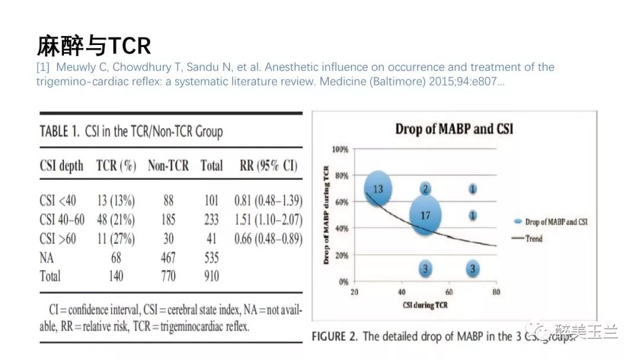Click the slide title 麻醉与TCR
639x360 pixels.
(x=93, y=45)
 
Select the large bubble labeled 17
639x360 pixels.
(x=425, y=216)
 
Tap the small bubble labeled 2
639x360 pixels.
(x=425, y=189)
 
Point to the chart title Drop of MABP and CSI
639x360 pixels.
(x=454, y=129)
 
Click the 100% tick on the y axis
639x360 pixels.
(x=340, y=149)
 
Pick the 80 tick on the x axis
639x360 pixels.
(x=496, y=292)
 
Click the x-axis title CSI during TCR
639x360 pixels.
(x=424, y=305)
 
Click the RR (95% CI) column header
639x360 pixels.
(x=269, y=166)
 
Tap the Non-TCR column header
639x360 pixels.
(x=168, y=166)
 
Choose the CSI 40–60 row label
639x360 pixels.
(x=62, y=220)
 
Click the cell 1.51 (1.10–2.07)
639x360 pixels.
(x=269, y=220)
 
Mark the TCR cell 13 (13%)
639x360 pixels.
(x=115, y=201)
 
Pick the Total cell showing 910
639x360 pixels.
(x=211, y=276)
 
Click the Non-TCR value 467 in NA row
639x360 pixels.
(x=169, y=258)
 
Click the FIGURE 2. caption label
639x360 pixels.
(x=335, y=336)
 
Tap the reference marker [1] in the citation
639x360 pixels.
(x=43, y=67)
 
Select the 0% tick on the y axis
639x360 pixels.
(x=343, y=282)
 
